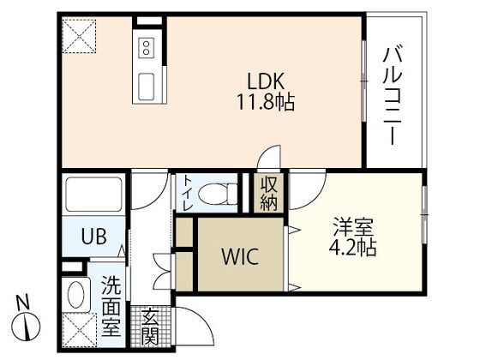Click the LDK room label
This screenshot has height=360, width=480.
pos(265,81)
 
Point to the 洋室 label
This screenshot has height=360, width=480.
pos(353,229)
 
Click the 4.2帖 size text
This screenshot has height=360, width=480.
pos(353,249)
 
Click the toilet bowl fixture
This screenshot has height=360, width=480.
pos(219,194)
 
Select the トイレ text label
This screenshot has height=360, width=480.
pos(187,195)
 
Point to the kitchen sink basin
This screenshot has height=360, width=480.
pos(147,86)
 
